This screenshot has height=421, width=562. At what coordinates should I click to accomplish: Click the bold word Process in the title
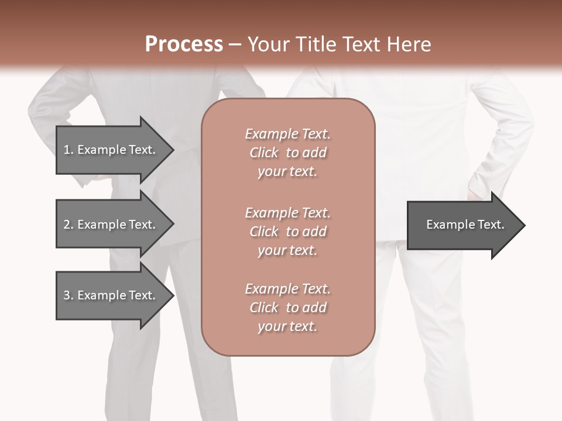pyautogui.click(x=184, y=44)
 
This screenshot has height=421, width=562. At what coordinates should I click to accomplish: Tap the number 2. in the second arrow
pyautogui.click(x=68, y=225)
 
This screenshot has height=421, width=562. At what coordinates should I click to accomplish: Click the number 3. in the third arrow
pyautogui.click(x=68, y=295)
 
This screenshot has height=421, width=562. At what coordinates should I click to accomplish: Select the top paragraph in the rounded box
pyautogui.click(x=287, y=153)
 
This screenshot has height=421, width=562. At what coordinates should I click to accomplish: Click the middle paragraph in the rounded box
pyautogui.click(x=287, y=232)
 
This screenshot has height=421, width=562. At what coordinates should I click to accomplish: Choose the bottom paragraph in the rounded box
pyautogui.click(x=287, y=308)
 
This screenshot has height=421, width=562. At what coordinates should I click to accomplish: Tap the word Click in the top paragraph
pyautogui.click(x=263, y=153)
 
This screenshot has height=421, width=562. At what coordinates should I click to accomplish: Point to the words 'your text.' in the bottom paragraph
pyautogui.click(x=287, y=326)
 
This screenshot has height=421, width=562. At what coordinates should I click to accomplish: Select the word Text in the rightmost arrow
pyautogui.click(x=491, y=225)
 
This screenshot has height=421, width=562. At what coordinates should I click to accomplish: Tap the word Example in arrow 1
pyautogui.click(x=102, y=150)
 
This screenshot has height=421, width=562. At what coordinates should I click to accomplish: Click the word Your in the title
pyautogui.click(x=268, y=44)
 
